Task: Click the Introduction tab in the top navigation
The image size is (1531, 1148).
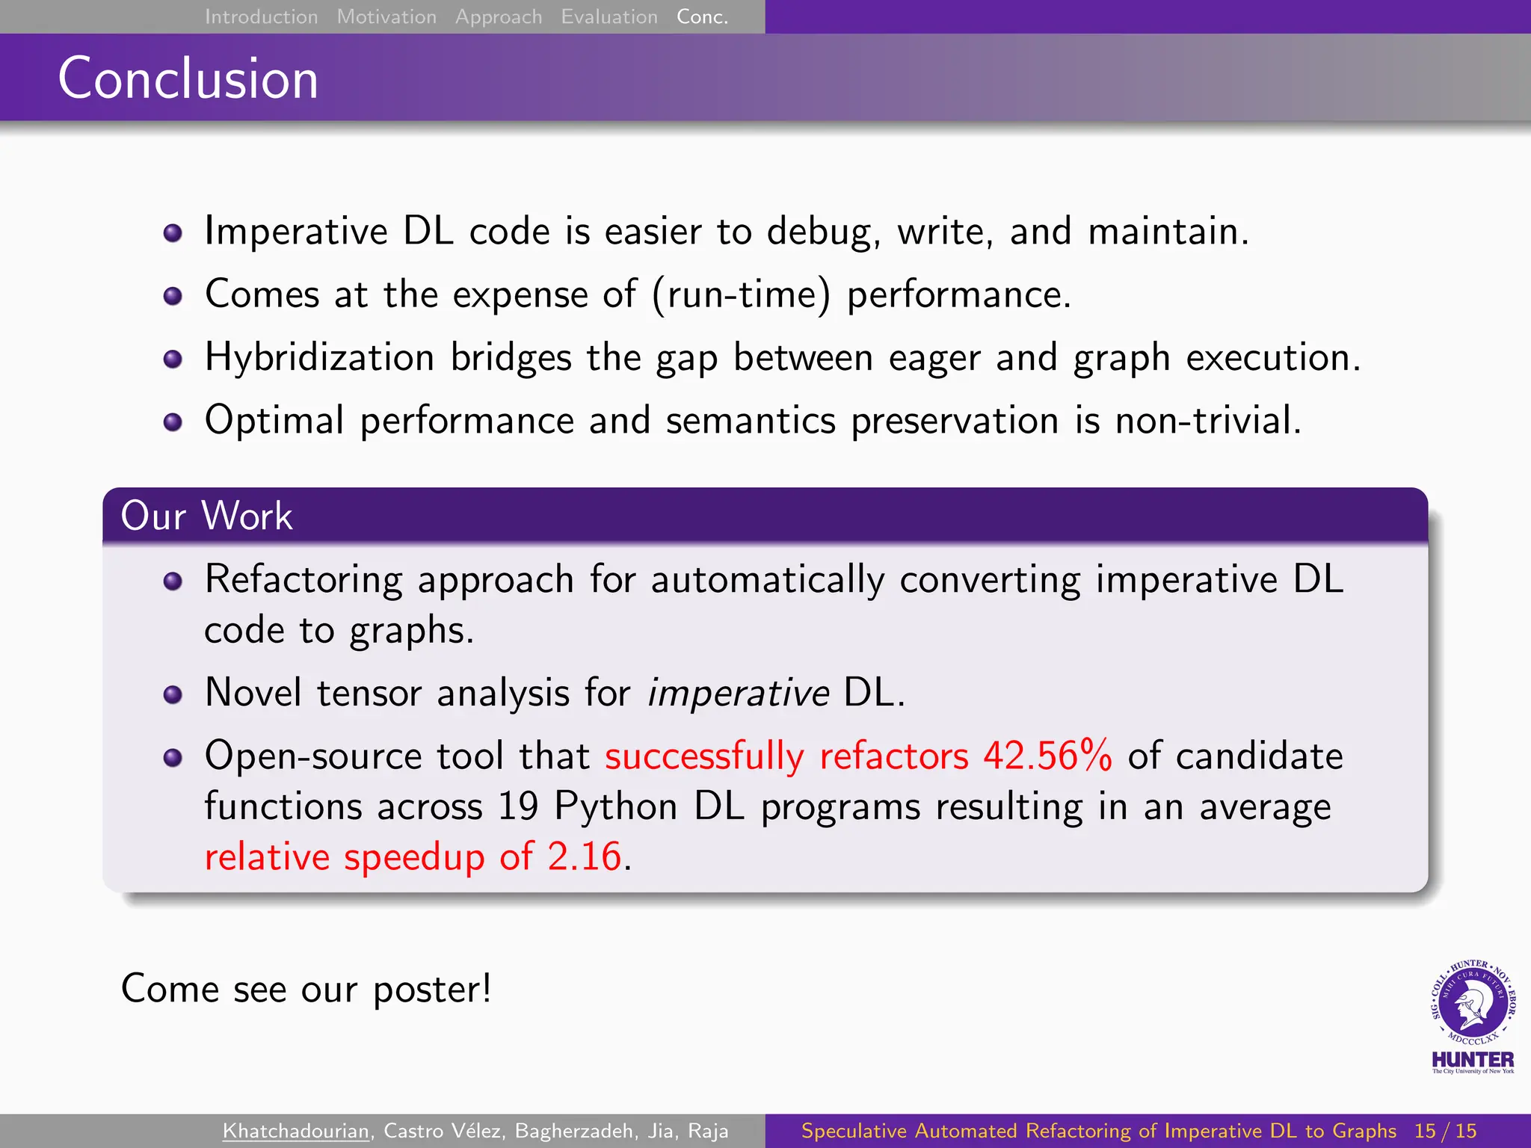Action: (x=261, y=16)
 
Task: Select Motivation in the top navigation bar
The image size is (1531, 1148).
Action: (x=386, y=16)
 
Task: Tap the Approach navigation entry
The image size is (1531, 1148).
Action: (x=499, y=16)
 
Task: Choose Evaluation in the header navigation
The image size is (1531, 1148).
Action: (x=609, y=16)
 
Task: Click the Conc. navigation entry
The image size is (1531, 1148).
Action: (x=702, y=16)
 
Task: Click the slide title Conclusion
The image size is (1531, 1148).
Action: (x=188, y=78)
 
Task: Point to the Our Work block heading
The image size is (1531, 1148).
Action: (x=206, y=516)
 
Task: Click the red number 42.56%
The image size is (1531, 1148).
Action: (x=1047, y=756)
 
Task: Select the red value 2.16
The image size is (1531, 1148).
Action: (x=585, y=857)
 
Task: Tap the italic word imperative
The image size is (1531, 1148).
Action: (x=738, y=693)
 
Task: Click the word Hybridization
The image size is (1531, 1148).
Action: (x=319, y=357)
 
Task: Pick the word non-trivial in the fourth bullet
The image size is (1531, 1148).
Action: (x=1207, y=420)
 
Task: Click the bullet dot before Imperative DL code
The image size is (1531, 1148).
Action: (x=173, y=233)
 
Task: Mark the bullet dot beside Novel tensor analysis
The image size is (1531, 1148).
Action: (x=173, y=695)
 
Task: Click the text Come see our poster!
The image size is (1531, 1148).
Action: (x=306, y=989)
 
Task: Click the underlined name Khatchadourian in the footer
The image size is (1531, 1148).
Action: (x=296, y=1131)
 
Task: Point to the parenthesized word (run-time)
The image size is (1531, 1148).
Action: (x=741, y=294)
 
